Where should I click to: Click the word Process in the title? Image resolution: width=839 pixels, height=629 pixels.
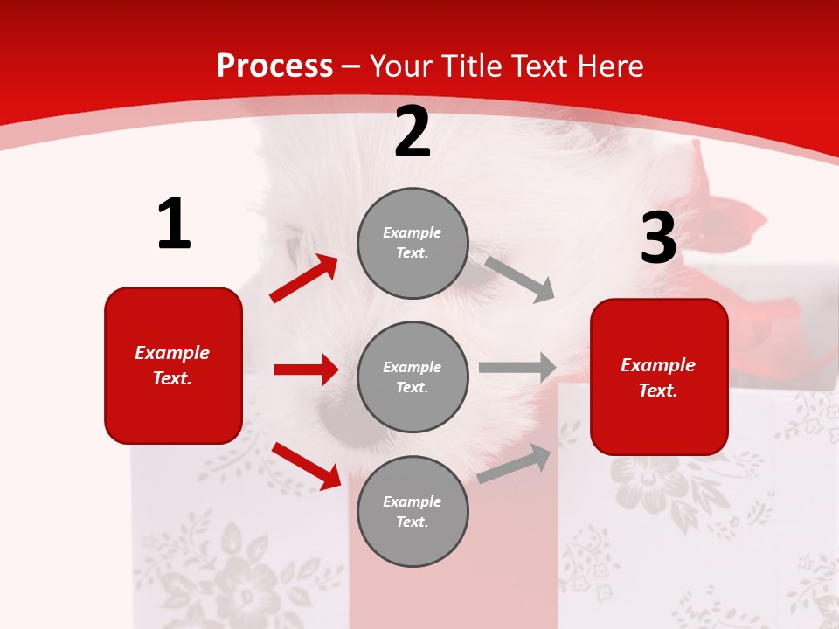coord(274,66)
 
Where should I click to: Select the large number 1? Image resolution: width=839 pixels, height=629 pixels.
coord(174,225)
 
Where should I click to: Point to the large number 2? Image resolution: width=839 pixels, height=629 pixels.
coord(413,133)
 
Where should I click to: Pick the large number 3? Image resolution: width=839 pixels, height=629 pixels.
coord(658,238)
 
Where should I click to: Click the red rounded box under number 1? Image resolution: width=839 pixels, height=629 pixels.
coord(173,365)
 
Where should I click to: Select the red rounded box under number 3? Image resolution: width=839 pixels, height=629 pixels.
coord(659,377)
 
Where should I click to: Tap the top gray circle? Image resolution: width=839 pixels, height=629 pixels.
coord(413,243)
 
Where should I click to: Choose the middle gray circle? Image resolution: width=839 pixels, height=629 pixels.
coord(413,377)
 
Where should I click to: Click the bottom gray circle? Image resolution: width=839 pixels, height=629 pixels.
coord(413,511)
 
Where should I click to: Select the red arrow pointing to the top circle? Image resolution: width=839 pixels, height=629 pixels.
coord(304,279)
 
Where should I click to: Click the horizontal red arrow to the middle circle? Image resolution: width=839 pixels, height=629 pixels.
coord(306,370)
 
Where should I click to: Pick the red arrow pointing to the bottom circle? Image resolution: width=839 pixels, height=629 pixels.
coord(306,466)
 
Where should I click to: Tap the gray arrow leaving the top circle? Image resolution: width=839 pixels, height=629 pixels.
coord(520,279)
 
